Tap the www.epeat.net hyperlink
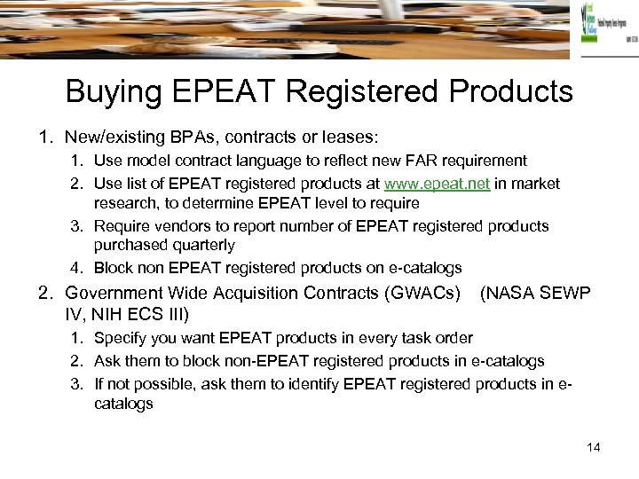tap(437, 184)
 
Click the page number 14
tap(594, 447)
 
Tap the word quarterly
tap(202, 245)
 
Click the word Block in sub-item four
tap(112, 268)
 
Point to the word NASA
tap(507, 293)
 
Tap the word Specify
tap(122, 338)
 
